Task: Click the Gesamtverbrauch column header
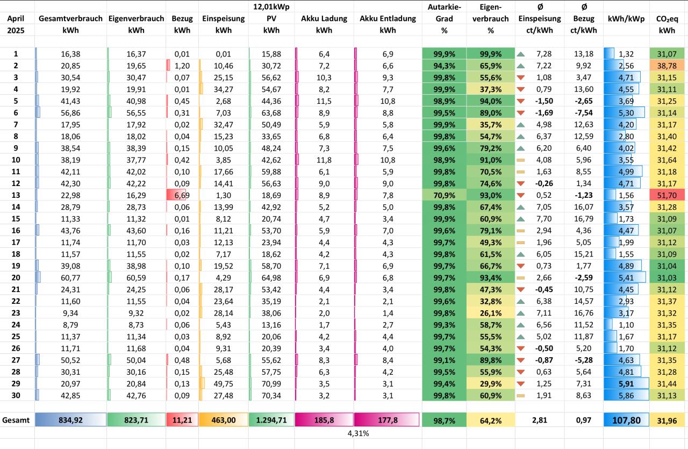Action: (x=70, y=18)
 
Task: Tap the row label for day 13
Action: (x=16, y=194)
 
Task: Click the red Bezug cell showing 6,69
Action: (x=182, y=194)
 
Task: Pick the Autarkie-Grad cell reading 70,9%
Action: (x=444, y=194)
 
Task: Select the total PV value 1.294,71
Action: (x=271, y=420)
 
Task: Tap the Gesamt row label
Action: (x=16, y=420)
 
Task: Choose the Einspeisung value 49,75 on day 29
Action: (x=223, y=383)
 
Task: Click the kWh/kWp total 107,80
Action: (x=626, y=420)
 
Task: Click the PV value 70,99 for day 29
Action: (x=271, y=383)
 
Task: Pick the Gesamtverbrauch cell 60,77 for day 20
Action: (x=70, y=277)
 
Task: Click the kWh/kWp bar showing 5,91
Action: (x=626, y=383)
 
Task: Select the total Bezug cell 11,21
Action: (x=182, y=420)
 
